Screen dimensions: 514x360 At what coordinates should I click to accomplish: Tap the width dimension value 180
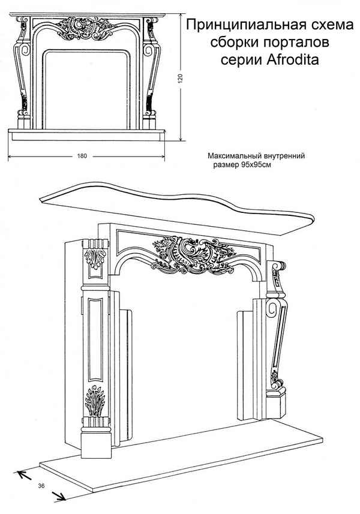[82, 157]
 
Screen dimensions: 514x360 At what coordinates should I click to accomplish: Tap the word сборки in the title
[232, 43]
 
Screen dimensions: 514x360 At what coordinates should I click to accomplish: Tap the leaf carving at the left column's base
[95, 402]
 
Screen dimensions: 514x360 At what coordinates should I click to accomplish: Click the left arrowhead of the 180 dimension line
[9, 157]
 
